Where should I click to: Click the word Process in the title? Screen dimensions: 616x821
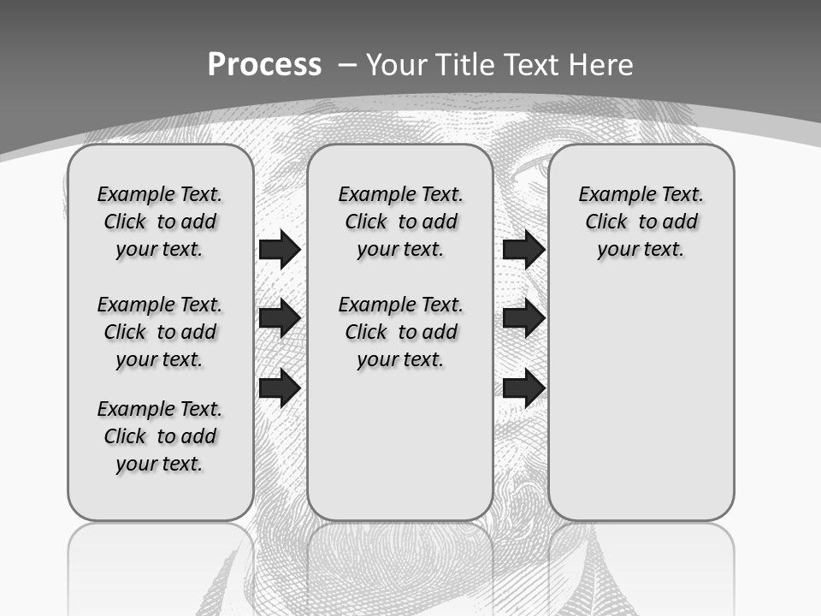(x=264, y=64)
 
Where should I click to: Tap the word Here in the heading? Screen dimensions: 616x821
(x=600, y=64)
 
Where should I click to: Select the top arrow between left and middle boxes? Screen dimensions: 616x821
(x=280, y=249)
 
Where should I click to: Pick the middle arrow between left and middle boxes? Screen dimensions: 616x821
(x=280, y=318)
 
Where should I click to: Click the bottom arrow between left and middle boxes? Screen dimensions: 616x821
(x=280, y=388)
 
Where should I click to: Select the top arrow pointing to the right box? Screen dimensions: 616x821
(x=523, y=249)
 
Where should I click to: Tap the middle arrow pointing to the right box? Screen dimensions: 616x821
(x=523, y=318)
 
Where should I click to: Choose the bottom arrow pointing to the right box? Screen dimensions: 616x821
(x=523, y=388)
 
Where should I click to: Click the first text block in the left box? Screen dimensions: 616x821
(x=160, y=222)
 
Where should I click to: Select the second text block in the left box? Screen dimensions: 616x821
(x=160, y=332)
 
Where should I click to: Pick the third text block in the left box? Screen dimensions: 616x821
(x=160, y=436)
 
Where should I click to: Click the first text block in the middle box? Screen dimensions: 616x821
(x=401, y=222)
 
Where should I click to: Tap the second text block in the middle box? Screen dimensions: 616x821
(x=401, y=332)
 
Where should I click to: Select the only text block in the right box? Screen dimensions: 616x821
(x=641, y=222)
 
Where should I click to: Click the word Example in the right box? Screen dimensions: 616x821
(x=611, y=195)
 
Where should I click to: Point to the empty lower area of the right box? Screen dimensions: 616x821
(x=641, y=402)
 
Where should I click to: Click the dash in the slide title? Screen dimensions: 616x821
(x=348, y=64)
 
